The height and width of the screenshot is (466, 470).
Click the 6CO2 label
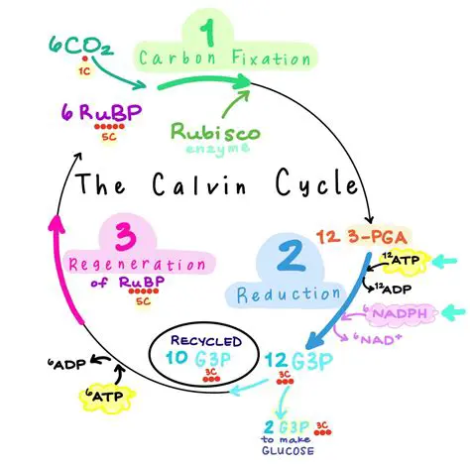[76, 45]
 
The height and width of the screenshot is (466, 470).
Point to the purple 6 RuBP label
[96, 111]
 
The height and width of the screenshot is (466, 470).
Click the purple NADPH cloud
[403, 315]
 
